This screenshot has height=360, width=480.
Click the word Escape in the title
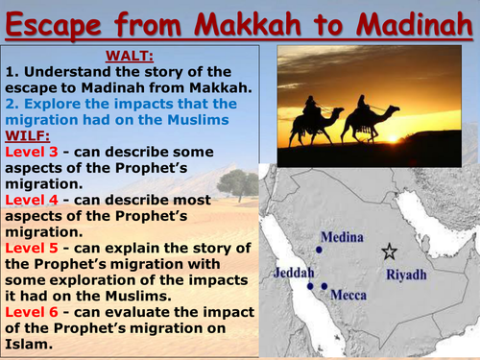click(60, 21)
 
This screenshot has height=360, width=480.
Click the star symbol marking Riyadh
click(389, 252)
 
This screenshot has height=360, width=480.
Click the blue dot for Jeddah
click(310, 285)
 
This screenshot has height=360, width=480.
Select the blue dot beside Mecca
click(324, 286)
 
